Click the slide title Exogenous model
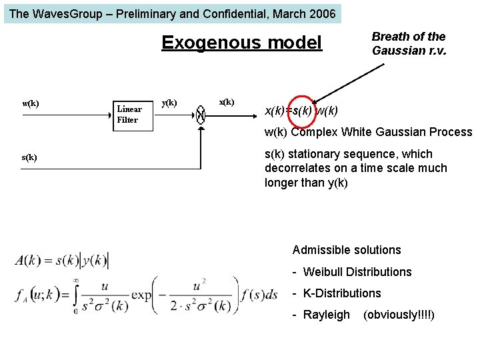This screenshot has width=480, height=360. click(241, 43)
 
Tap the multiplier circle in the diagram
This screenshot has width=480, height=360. click(201, 115)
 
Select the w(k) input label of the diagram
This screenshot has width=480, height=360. click(31, 103)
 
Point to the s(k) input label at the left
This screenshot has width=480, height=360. click(29, 157)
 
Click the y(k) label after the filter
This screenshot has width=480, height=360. click(170, 102)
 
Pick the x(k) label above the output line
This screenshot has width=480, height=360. click(227, 102)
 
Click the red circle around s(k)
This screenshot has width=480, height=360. click(302, 110)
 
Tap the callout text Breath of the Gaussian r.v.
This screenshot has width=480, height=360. click(408, 43)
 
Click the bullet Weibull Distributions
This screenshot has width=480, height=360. click(357, 272)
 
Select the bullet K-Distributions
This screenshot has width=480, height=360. click(342, 293)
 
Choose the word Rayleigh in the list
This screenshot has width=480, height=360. click(326, 315)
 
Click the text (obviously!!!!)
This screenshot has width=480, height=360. click(399, 315)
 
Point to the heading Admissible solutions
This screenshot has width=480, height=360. click(347, 250)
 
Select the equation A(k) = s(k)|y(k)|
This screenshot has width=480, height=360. click(62, 260)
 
